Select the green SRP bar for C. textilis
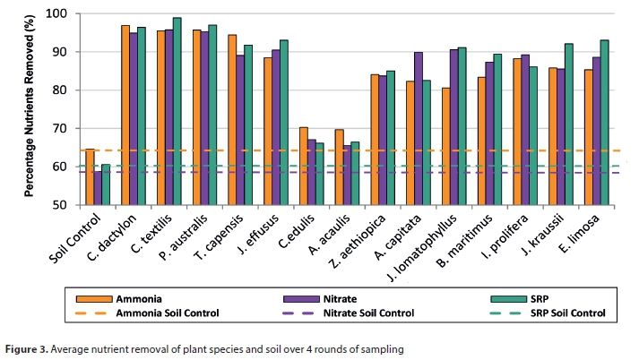[x=177, y=111]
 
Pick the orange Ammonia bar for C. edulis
[x=303, y=166]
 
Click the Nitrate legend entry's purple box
[x=278, y=297]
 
